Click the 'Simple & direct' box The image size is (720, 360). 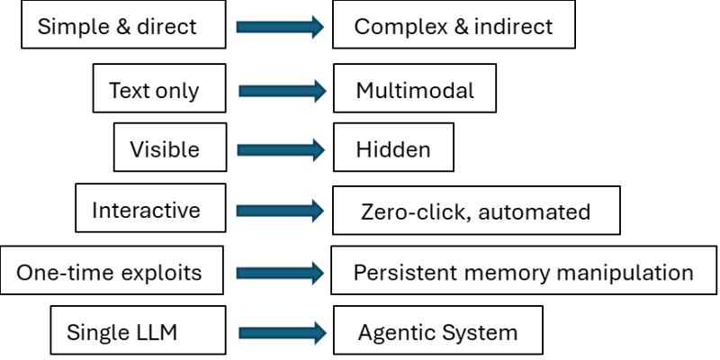(x=117, y=26)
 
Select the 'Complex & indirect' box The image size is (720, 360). (x=454, y=26)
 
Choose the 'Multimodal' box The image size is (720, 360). (x=414, y=90)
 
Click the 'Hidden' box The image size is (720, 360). (x=392, y=148)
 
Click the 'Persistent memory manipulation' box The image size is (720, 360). (x=523, y=271)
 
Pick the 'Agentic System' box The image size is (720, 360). (x=437, y=331)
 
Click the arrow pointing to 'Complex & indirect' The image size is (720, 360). (x=280, y=27)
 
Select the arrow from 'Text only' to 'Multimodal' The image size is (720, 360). (x=282, y=90)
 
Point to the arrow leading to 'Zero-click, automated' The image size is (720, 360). (x=280, y=211)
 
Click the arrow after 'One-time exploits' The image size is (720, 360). (x=280, y=272)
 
